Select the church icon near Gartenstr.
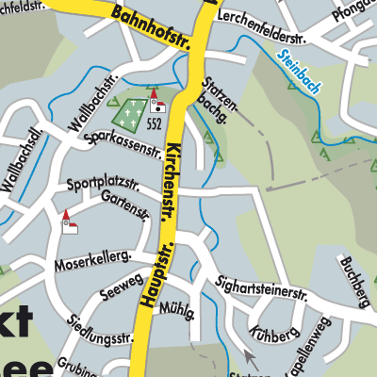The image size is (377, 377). pyautogui.click(x=67, y=222)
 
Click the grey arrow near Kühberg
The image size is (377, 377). pyautogui.click(x=249, y=356)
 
